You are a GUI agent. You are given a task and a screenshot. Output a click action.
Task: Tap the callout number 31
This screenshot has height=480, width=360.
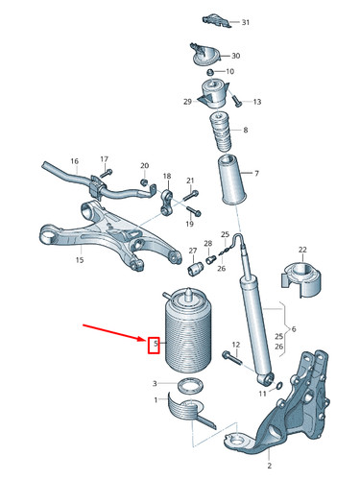click(245, 21)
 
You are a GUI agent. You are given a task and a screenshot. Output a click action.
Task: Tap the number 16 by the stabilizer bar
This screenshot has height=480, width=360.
click(74, 161)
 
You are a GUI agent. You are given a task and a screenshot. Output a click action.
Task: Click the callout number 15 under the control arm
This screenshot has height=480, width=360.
click(80, 259)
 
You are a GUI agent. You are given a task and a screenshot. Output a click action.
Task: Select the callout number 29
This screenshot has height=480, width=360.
click(188, 101)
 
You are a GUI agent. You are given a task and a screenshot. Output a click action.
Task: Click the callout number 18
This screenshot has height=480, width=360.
click(167, 177)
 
